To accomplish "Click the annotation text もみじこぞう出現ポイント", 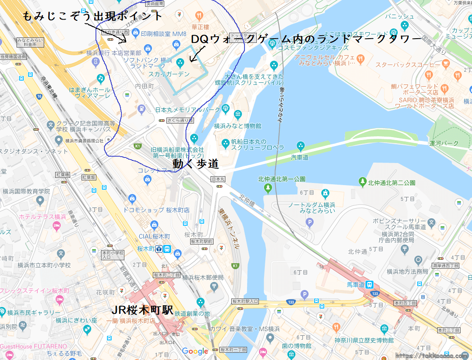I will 92,16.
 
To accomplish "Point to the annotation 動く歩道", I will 196,164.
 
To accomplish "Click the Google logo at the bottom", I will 195,351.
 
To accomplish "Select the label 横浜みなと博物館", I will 238,126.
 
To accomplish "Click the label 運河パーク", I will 444,143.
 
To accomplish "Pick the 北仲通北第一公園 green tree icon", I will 267,187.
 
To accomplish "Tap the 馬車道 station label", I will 356,285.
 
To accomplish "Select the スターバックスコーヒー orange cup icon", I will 445,63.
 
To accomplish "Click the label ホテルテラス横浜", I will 42,217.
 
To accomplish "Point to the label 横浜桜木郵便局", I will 202,278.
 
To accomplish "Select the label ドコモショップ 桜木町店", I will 156,210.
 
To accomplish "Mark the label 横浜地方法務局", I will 407,271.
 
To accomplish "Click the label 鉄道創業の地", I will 192,313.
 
